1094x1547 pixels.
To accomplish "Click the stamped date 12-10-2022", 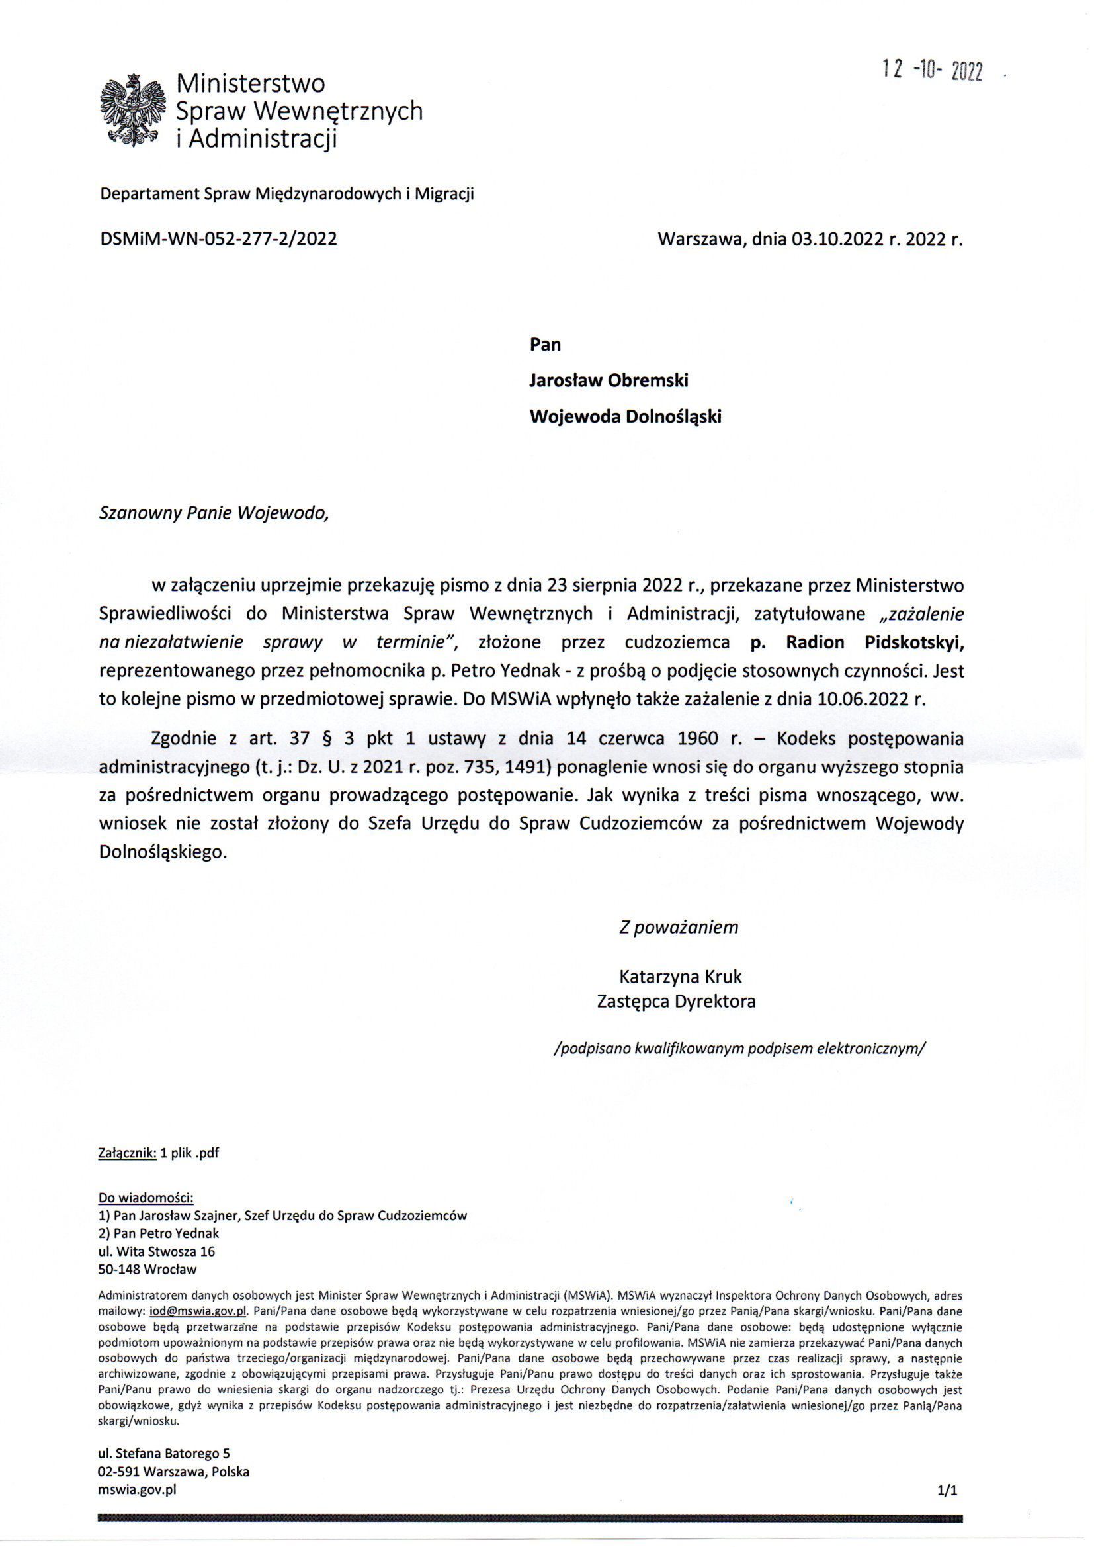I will (x=933, y=70).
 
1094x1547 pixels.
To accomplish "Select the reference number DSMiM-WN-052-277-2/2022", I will (x=218, y=239).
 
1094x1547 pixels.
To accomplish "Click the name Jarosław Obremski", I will (x=609, y=380).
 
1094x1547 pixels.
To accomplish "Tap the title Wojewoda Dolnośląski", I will (x=625, y=416).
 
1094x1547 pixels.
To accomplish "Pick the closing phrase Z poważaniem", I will (x=679, y=927).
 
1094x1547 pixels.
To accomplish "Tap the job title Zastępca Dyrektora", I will (x=676, y=1001).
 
